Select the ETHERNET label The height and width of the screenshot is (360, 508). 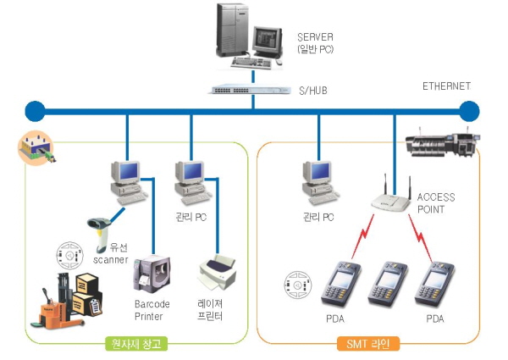(x=446, y=86)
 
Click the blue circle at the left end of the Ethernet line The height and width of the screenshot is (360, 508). (x=34, y=111)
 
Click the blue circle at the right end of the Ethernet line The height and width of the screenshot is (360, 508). (x=469, y=111)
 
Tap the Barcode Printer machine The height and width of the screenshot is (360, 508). (x=152, y=274)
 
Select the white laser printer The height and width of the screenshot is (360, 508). (x=220, y=271)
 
